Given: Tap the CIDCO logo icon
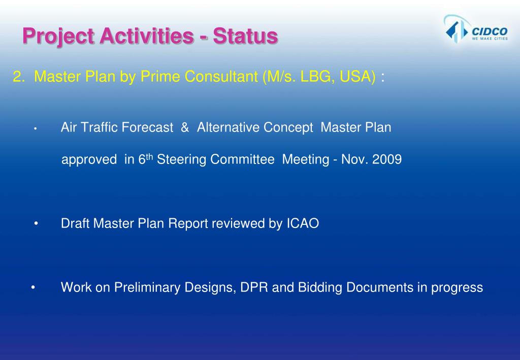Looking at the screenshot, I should point(455,29).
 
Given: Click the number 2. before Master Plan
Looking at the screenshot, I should point(19,77).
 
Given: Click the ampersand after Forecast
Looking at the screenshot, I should point(185,127).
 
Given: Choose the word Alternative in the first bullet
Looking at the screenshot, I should point(228,127).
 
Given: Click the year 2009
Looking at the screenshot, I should point(387,159).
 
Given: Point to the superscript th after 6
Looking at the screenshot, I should point(150,156).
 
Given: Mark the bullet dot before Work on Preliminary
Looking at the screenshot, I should point(32,287).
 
